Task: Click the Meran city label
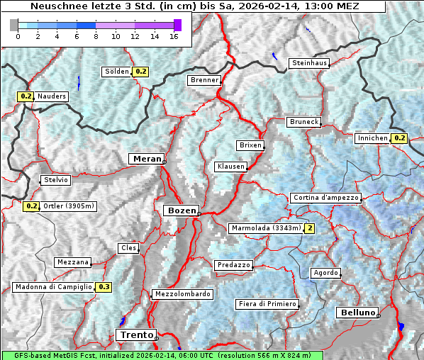[x=146, y=159]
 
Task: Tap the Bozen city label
[x=181, y=210]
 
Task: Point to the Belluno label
[x=357, y=313]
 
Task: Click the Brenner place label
[x=204, y=80]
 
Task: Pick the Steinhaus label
[x=310, y=63]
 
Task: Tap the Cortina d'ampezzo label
[x=325, y=198]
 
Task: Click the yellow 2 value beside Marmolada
[x=309, y=228]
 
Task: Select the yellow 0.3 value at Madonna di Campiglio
[x=104, y=287]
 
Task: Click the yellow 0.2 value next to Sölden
[x=141, y=72]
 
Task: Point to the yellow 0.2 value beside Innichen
[x=398, y=138]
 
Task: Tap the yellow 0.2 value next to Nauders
[x=26, y=96]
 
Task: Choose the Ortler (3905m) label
[x=69, y=206]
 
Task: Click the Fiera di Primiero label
[x=267, y=304]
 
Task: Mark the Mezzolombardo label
[x=182, y=294]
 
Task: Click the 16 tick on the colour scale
[x=173, y=36]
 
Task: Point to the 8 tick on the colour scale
[x=95, y=36]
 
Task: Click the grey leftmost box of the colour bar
[x=13, y=25]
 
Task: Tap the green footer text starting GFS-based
[x=162, y=355]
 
